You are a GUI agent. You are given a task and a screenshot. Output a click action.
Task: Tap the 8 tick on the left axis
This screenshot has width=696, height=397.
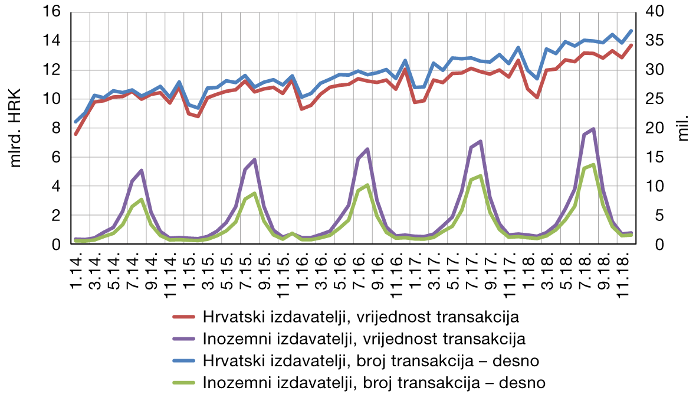58,128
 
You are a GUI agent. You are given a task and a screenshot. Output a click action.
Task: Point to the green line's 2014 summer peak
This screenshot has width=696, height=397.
142,200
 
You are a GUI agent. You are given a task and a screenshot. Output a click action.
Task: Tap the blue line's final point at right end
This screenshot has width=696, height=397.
631,31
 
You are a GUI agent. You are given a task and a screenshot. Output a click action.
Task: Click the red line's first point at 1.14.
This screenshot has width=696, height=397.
76,134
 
